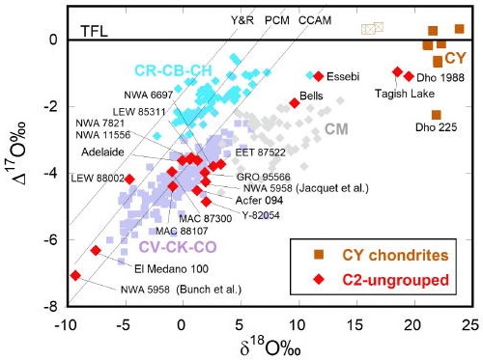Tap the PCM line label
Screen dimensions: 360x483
(276, 18)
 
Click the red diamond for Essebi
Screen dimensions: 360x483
(318, 75)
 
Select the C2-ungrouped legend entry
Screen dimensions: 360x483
(391, 280)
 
